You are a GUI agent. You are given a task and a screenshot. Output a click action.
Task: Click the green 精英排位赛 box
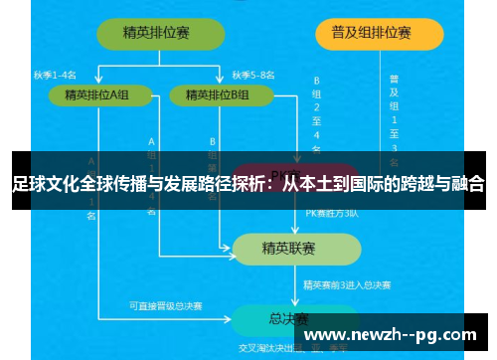click(157, 33)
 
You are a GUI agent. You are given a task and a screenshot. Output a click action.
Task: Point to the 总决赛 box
click(288, 320)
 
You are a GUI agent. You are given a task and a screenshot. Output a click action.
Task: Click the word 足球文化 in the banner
click(43, 183)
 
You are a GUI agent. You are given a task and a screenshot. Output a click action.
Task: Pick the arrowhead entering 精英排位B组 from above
click(220, 83)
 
